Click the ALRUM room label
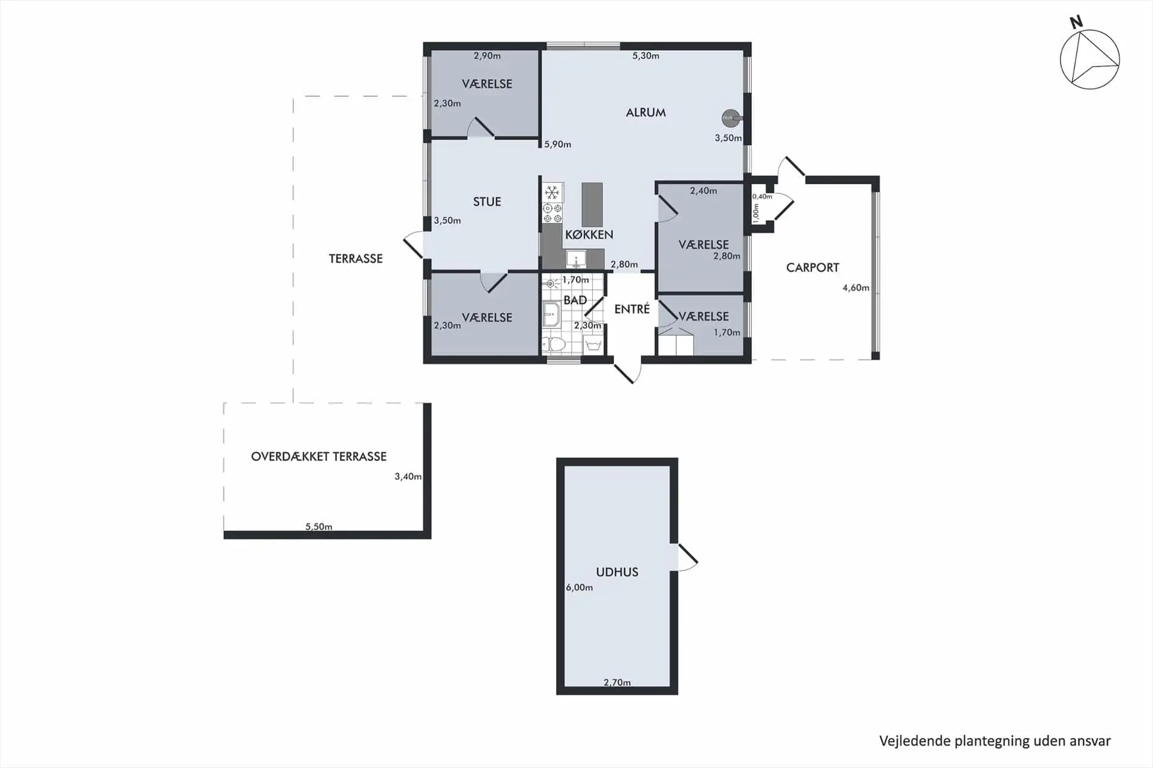click(646, 112)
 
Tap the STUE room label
click(487, 202)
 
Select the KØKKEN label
click(589, 234)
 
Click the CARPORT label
click(813, 268)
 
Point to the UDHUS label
click(617, 572)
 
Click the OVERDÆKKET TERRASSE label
click(319, 456)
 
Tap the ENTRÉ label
click(632, 309)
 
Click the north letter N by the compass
click(1076, 23)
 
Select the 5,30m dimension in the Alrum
click(646, 56)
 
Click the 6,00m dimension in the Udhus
click(579, 587)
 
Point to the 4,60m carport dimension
click(856, 288)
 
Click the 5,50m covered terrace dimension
click(319, 527)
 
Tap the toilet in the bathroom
click(554, 344)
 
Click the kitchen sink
click(576, 259)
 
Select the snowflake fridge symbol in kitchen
click(552, 193)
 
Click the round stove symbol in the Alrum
click(730, 118)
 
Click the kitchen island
click(592, 205)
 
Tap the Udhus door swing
click(688, 557)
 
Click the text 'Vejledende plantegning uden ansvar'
click(995, 741)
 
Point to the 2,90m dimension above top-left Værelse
click(487, 56)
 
